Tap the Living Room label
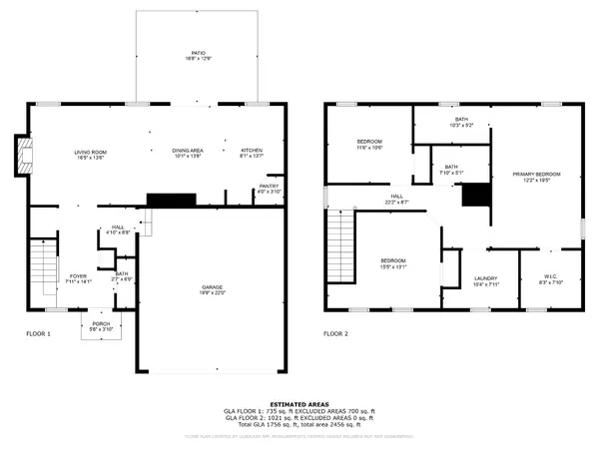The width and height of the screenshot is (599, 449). [x=90, y=154]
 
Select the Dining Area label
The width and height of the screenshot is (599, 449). [x=188, y=154]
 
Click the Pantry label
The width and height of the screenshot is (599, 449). [x=268, y=189]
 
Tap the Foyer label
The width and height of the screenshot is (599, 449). [x=77, y=278]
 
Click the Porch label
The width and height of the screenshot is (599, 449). [x=102, y=325]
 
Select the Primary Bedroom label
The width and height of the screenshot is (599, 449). [x=536, y=178]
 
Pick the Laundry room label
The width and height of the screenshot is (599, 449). [x=485, y=281]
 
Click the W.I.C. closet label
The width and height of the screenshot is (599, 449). [x=550, y=280]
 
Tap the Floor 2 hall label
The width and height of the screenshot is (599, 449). [x=396, y=199]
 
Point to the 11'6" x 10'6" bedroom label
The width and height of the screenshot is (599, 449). [x=369, y=146]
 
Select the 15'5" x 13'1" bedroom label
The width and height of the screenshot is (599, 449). [x=392, y=264]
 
